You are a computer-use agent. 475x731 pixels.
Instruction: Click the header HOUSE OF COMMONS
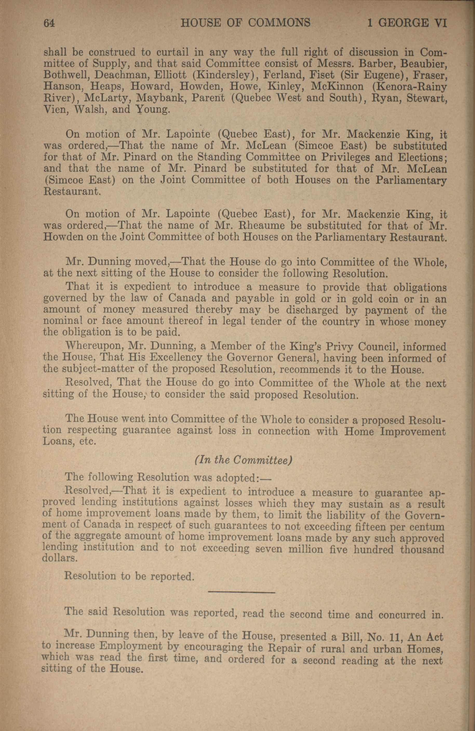tap(245, 23)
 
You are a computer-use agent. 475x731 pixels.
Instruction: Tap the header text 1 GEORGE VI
tap(407, 23)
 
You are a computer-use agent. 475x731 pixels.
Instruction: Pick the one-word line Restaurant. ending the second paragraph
tap(72, 192)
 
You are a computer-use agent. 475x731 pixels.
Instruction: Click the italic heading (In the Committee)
tap(243, 460)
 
